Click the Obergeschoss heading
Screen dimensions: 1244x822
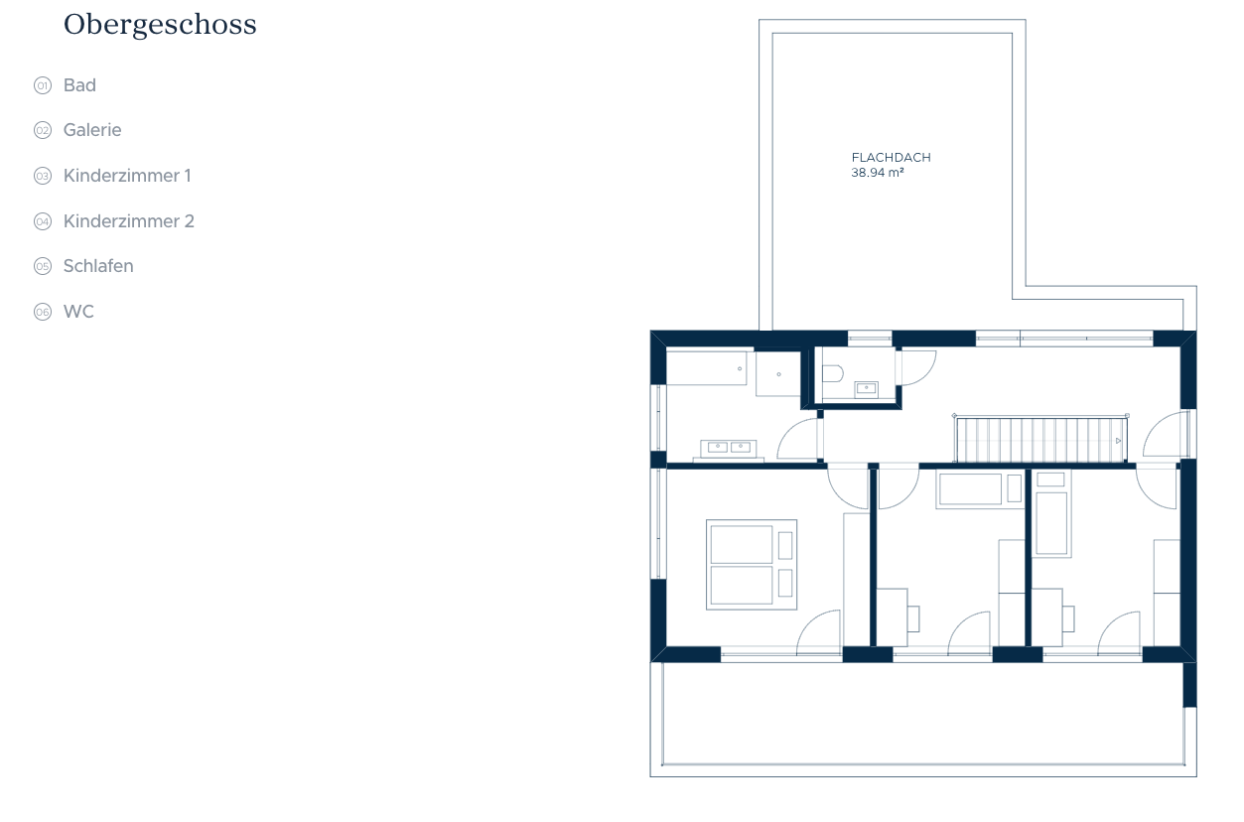tap(160, 25)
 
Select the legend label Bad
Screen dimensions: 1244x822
tap(79, 85)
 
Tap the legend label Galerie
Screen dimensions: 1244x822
tap(92, 130)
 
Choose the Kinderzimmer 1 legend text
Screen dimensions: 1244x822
tap(127, 176)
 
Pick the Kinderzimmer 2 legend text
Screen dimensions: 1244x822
tap(129, 221)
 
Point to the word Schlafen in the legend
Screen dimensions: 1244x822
tap(98, 266)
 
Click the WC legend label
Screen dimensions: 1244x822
tap(78, 312)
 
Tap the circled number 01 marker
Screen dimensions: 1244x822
tap(43, 85)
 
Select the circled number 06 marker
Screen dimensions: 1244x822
tap(43, 312)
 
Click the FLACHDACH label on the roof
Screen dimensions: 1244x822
tap(891, 158)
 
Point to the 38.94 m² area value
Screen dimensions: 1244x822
tap(878, 173)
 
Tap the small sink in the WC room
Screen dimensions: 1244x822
tap(867, 389)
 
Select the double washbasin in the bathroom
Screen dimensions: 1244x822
tap(728, 449)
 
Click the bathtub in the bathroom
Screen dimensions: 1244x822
tap(707, 368)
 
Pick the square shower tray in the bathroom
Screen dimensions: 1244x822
tap(778, 374)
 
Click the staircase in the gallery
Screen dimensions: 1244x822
tap(1040, 440)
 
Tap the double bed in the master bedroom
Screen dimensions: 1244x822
tap(752, 565)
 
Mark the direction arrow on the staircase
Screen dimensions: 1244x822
tap(1118, 441)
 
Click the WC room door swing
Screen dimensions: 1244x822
tap(916, 367)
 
